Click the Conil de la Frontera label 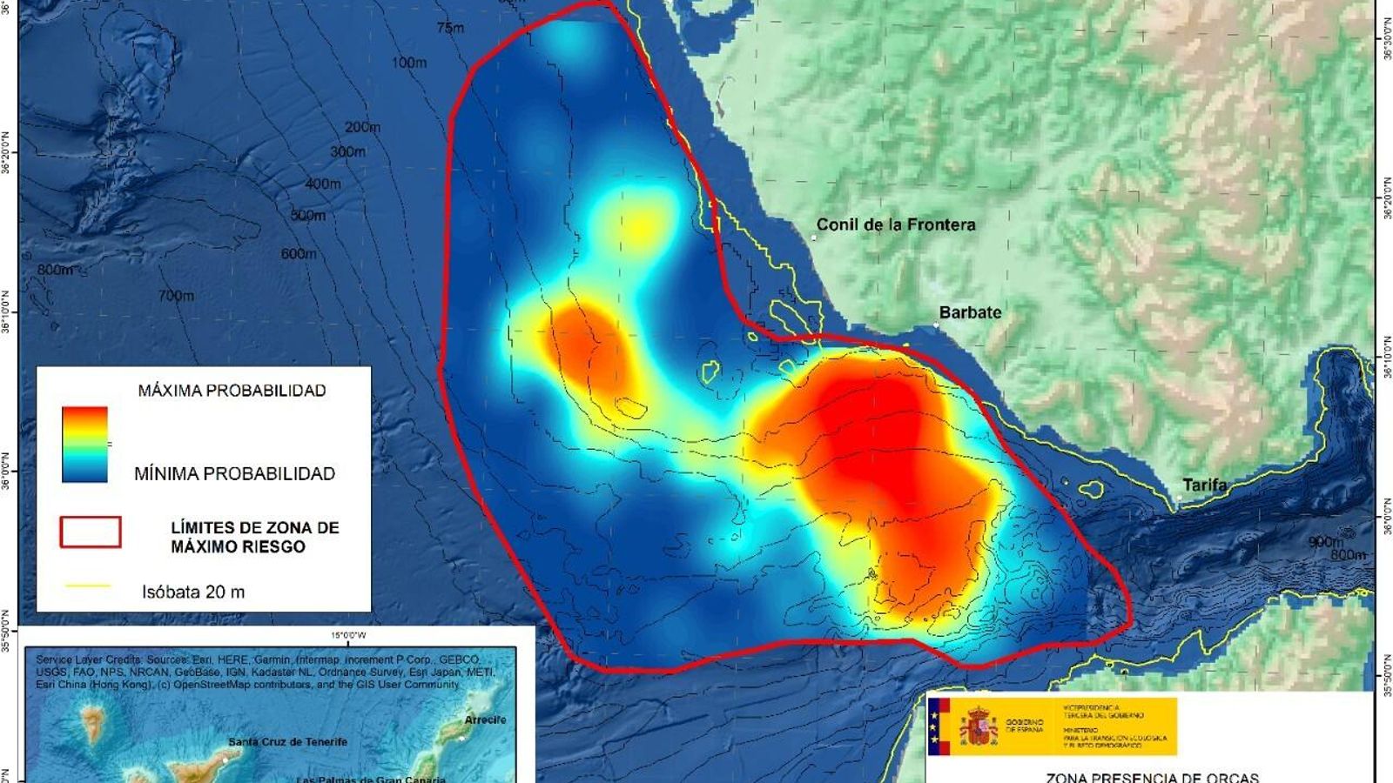pos(896,224)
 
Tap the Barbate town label pos(970,312)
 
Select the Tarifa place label pos(1204,485)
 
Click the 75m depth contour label pos(450,28)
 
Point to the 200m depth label pos(362,127)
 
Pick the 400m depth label pos(323,184)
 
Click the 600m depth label pos(299,253)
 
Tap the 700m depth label pos(176,296)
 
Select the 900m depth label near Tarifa pos(1326,542)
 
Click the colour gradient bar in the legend pos(85,445)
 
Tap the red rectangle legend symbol pos(91,532)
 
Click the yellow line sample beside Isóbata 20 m pos(88,586)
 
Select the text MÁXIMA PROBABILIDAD pos(232,391)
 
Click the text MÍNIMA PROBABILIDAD pos(234,474)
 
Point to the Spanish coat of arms pos(979,726)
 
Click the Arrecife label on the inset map pos(485,719)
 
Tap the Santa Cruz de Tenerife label pos(287,742)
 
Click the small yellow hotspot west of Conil pos(640,228)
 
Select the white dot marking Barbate pos(937,325)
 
